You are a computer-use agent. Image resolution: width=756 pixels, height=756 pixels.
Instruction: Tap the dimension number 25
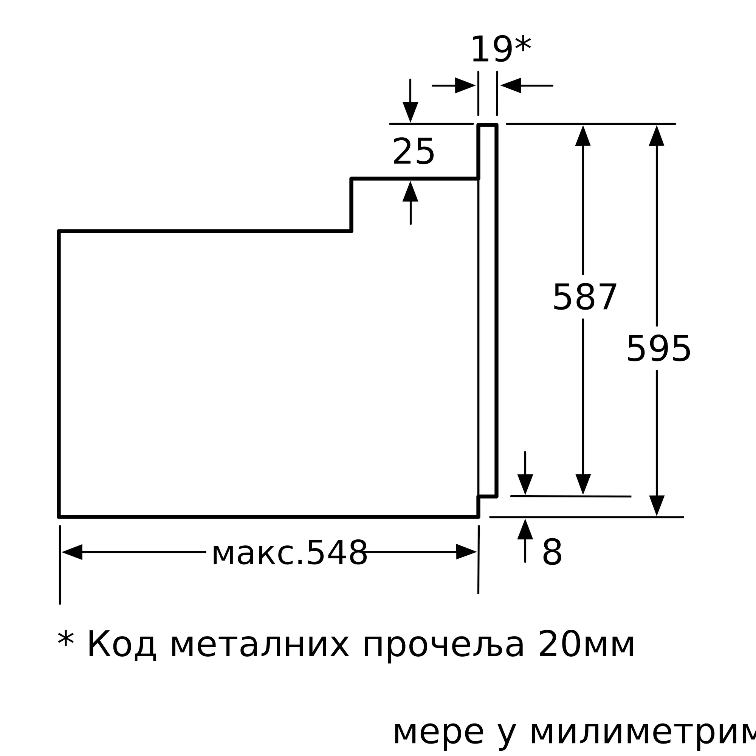click(413, 152)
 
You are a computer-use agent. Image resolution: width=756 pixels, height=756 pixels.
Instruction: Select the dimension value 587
click(585, 297)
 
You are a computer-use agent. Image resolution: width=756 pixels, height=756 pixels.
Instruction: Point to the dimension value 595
click(658, 349)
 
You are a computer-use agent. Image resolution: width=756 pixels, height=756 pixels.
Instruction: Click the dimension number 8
click(552, 553)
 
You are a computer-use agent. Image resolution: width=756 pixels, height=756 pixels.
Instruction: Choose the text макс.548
click(290, 553)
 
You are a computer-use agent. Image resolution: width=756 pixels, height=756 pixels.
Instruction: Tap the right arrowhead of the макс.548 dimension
click(466, 552)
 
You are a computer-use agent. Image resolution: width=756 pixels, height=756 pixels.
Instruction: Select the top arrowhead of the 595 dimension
click(657, 136)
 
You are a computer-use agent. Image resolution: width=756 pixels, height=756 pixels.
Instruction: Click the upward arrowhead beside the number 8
click(525, 530)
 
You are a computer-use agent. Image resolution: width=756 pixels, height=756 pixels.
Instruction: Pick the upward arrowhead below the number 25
click(411, 192)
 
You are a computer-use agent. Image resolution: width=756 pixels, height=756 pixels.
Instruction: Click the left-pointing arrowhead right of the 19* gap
click(511, 85)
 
